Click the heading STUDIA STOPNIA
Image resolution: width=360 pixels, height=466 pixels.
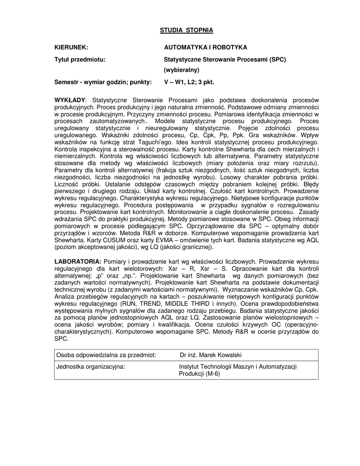point(186,30)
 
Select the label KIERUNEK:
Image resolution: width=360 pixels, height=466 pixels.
point(71,47)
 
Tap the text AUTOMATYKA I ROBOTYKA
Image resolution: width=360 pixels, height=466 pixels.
point(205,47)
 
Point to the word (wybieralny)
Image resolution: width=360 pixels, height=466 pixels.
point(182,70)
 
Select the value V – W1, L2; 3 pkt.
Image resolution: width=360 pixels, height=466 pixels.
point(188,82)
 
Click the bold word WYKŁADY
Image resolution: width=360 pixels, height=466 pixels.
point(70,100)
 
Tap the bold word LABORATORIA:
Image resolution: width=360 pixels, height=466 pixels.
point(78,262)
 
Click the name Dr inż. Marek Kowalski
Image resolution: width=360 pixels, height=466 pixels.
point(211,355)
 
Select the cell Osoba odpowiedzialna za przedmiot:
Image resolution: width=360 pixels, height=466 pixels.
point(106,355)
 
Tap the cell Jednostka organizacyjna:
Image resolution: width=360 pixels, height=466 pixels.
point(91,367)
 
